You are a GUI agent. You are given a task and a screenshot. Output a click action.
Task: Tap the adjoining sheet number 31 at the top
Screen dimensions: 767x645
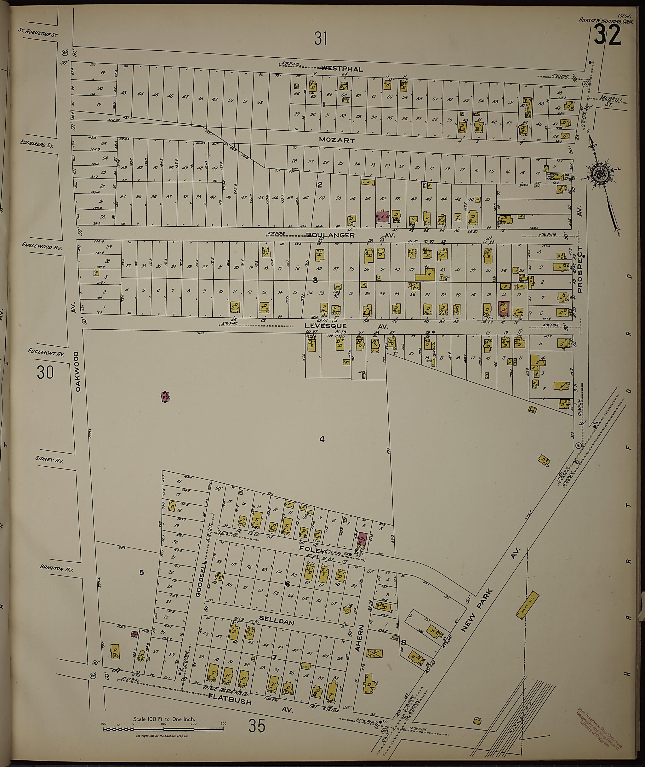click(320, 39)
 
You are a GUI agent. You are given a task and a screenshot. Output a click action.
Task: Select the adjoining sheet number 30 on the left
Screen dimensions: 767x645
click(45, 372)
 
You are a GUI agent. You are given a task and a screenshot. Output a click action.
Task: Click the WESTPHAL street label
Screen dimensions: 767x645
click(342, 69)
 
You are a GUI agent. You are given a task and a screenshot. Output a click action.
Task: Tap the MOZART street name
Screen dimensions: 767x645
click(336, 140)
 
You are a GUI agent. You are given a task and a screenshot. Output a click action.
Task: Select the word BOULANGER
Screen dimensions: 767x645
click(330, 235)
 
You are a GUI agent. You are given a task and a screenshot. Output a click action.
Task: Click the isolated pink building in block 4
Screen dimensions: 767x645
click(165, 397)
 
